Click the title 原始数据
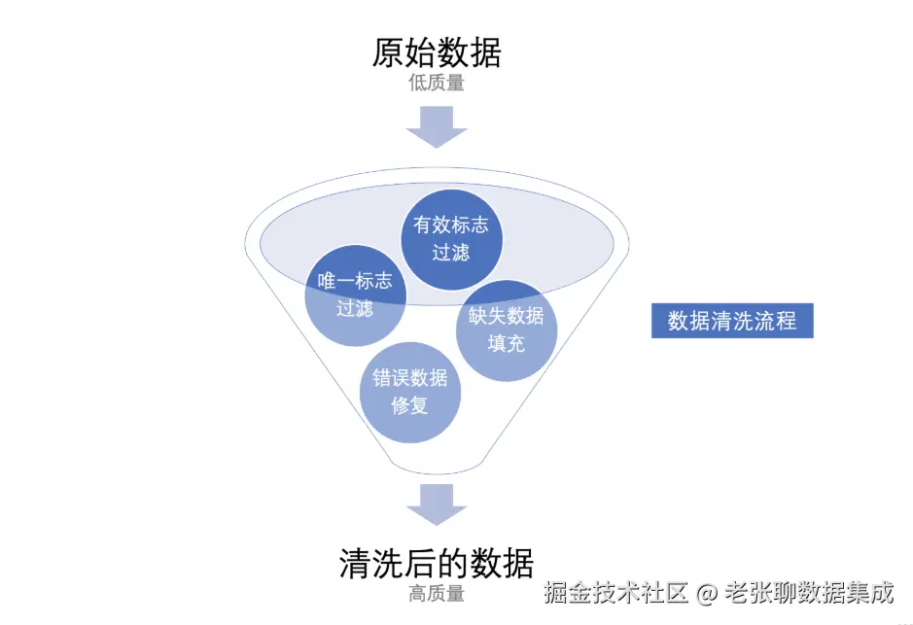pyautogui.click(x=437, y=52)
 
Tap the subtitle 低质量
pyautogui.click(x=437, y=83)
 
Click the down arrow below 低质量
pyautogui.click(x=437, y=125)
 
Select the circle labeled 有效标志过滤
pyautogui.click(x=451, y=238)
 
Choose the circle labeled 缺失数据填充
pyautogui.click(x=507, y=330)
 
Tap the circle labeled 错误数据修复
pyautogui.click(x=409, y=392)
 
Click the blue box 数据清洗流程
pyautogui.click(x=731, y=322)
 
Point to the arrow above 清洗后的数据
pyautogui.click(x=437, y=504)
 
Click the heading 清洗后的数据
pyautogui.click(x=437, y=563)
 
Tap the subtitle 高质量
pyautogui.click(x=437, y=593)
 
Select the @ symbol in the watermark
pyautogui.click(x=708, y=592)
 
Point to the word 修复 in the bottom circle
pyautogui.click(x=409, y=405)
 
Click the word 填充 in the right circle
pyautogui.click(x=507, y=343)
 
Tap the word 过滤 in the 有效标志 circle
pyautogui.click(x=451, y=252)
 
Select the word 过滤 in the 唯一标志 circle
pyautogui.click(x=355, y=309)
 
